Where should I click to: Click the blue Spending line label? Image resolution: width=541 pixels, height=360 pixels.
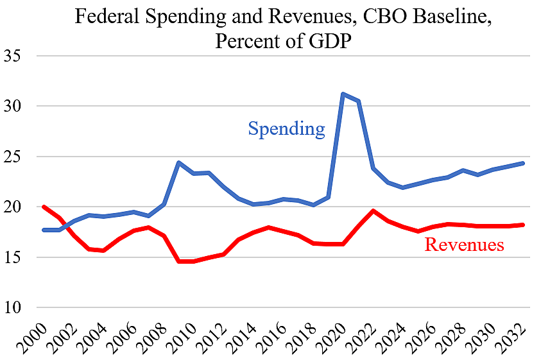(286, 129)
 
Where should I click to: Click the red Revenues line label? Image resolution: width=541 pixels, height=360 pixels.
(464, 244)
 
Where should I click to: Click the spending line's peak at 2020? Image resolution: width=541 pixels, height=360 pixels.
(343, 94)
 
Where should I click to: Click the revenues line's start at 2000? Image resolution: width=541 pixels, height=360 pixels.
(43, 207)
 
